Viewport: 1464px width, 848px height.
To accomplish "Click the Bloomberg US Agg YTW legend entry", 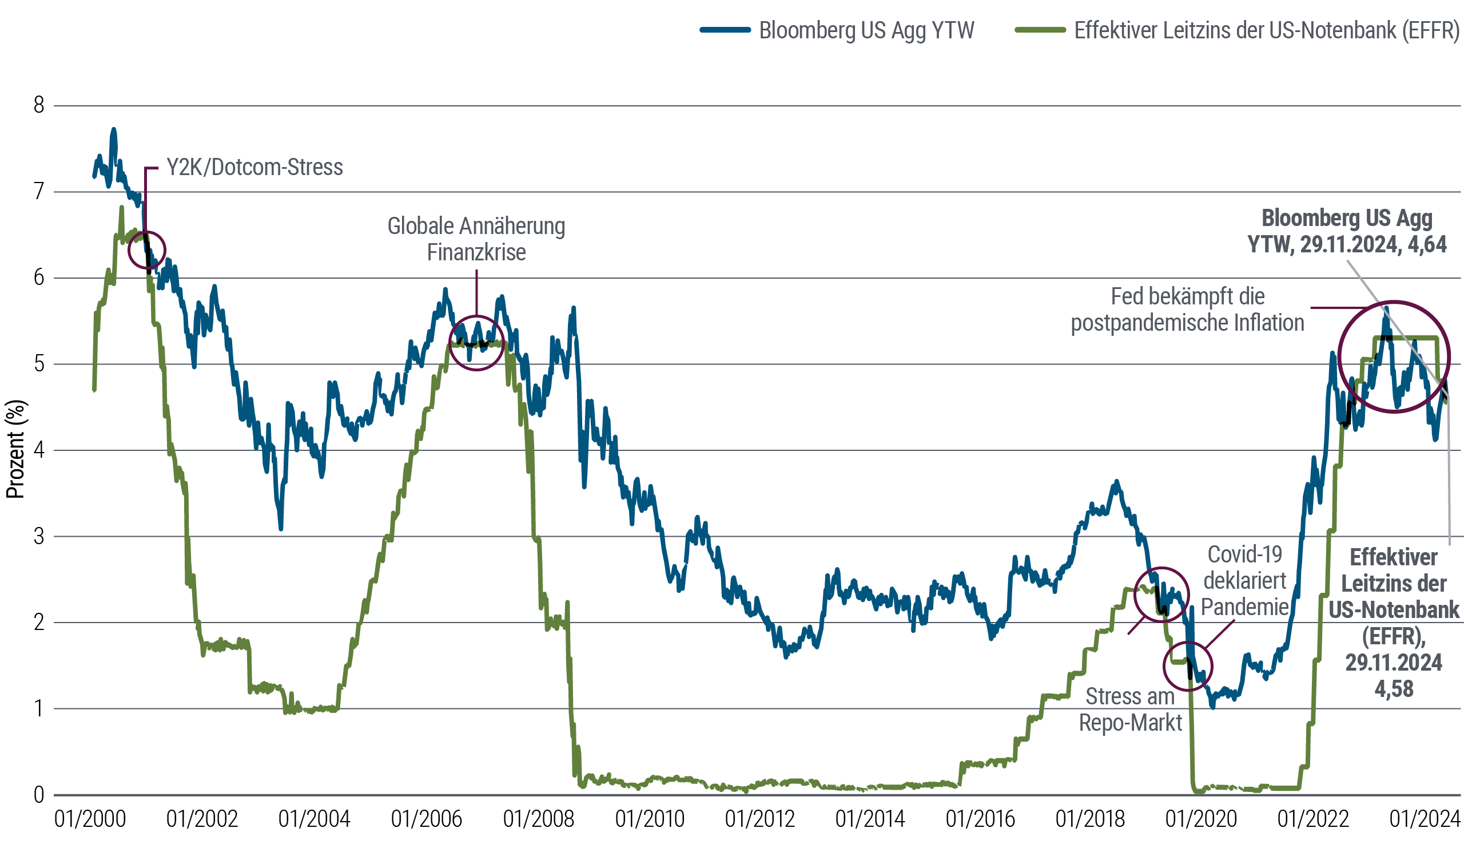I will click(x=866, y=30).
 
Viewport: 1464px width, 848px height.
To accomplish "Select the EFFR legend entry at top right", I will click(x=1267, y=30).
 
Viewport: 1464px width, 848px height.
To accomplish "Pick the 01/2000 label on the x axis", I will click(x=90, y=819).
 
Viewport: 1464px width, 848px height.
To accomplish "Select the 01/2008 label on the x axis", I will click(x=539, y=819).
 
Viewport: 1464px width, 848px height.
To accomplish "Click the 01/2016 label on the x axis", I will click(x=980, y=819).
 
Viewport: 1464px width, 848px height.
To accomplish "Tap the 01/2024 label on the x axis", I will click(x=1425, y=819).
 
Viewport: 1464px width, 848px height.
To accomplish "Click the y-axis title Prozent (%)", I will click(x=15, y=448).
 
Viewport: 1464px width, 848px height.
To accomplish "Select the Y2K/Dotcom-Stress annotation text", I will click(x=255, y=168).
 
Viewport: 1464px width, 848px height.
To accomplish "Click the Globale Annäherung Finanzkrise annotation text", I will click(x=476, y=239).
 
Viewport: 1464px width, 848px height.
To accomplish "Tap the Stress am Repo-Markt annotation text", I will click(x=1130, y=709).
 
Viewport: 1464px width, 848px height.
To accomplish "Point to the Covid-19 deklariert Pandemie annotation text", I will click(x=1244, y=581).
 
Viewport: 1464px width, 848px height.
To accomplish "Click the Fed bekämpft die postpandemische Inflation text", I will click(x=1187, y=309).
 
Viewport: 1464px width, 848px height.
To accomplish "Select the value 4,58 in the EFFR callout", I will click(x=1394, y=689).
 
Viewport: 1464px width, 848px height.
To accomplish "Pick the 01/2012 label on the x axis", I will click(x=759, y=819).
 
